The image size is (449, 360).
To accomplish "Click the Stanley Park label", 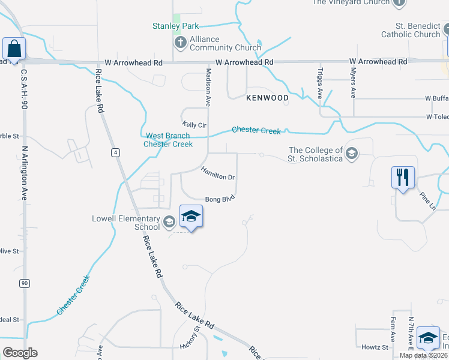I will pos(175,26).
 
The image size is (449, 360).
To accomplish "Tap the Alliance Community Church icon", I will pos(180,43).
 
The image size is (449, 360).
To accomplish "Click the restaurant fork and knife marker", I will pos(402,178).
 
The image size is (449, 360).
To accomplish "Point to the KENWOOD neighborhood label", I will pos(267,97).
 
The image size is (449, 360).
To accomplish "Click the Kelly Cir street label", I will pos(194,125).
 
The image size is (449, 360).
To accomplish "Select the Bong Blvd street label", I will pos(219,199).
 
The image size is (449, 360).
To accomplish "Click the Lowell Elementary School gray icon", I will pos(169,223).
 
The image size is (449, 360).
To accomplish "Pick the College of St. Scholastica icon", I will pos(351,155).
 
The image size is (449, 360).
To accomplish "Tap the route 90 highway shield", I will pos(23,283).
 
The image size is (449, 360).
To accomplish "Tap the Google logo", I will pos(20,353).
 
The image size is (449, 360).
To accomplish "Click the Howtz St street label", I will pos(375,347).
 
